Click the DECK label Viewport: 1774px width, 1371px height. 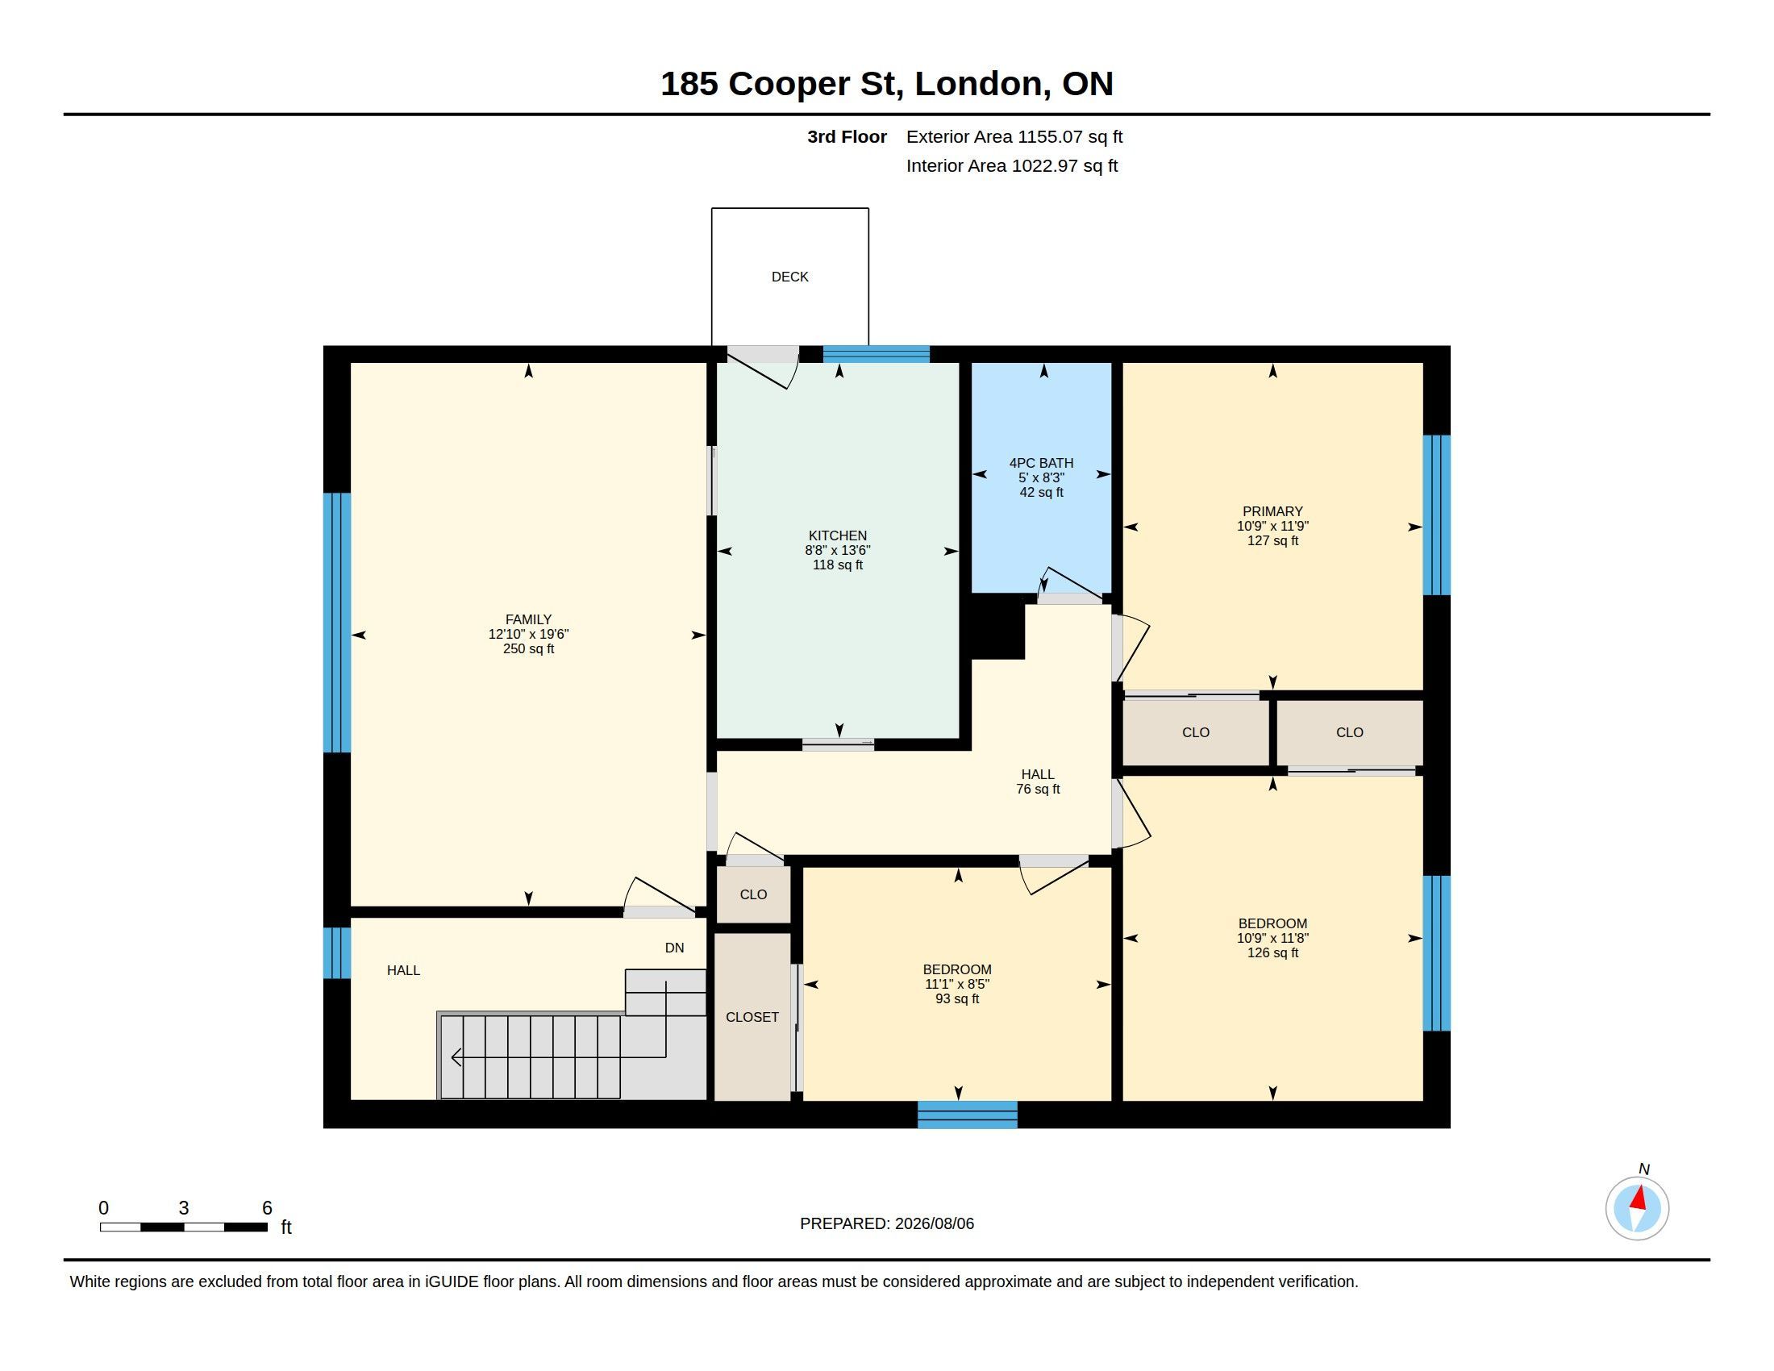(789, 277)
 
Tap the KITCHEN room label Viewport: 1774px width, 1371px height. (838, 536)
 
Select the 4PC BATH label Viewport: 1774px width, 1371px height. (1041, 463)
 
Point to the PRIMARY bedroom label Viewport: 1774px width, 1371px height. (1272, 511)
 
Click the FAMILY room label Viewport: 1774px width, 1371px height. (528, 619)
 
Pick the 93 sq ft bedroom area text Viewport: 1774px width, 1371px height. (957, 999)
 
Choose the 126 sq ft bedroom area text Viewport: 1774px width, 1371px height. (1272, 952)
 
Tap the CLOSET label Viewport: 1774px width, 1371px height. (752, 1017)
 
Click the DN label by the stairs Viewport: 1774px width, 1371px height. (674, 948)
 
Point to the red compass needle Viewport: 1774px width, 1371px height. (1639, 1198)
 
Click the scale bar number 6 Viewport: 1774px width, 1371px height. (266, 1208)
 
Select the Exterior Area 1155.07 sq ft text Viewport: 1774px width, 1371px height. (1014, 137)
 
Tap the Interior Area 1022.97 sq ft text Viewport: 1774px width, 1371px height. (1012, 166)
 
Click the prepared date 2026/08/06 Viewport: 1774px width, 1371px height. (934, 1224)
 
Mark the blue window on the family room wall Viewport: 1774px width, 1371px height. (337, 622)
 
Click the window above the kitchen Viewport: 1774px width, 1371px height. (877, 353)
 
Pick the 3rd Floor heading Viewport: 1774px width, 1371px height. (847, 137)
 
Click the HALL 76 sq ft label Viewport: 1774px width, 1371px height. (1038, 781)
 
